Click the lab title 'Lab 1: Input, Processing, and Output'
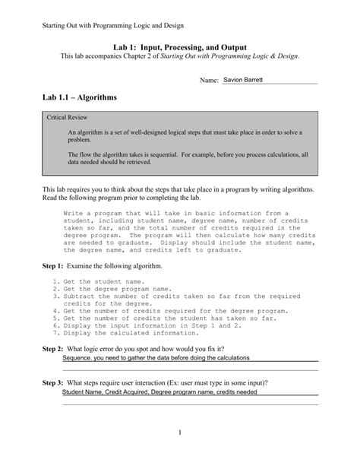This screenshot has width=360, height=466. pos(179,47)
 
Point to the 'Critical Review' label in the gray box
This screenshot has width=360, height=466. pos(67,119)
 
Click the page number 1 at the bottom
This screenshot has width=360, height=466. pos(180,433)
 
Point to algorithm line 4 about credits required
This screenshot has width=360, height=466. pos(175,310)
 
